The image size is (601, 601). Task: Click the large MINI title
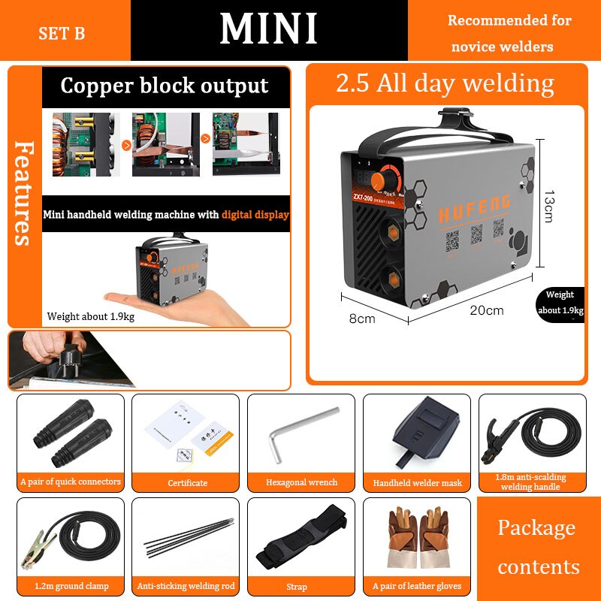(269, 29)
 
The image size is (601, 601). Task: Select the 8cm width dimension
(361, 319)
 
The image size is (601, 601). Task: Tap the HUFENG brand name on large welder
(474, 207)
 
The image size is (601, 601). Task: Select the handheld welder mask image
(418, 432)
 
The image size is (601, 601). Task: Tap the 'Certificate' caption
(187, 482)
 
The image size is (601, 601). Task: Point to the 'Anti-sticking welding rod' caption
(186, 586)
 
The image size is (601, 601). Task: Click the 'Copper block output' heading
(165, 86)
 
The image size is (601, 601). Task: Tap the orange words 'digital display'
(255, 215)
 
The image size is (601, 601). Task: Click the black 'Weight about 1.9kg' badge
(560, 303)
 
